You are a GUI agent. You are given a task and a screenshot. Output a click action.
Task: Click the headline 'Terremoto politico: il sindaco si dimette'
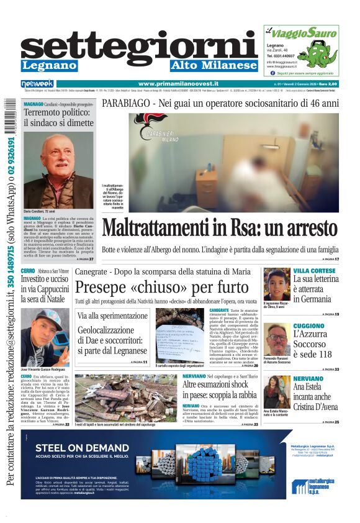pyautogui.click(x=58, y=119)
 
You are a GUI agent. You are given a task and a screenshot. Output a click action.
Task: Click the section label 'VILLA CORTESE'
pyautogui.click(x=314, y=271)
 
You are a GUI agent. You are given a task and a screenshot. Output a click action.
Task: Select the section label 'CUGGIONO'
pyautogui.click(x=308, y=325)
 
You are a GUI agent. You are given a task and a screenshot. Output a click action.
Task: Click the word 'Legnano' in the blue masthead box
pyautogui.click(x=49, y=65)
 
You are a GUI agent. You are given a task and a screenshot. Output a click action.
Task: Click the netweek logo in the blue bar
pyautogui.click(x=37, y=84)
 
